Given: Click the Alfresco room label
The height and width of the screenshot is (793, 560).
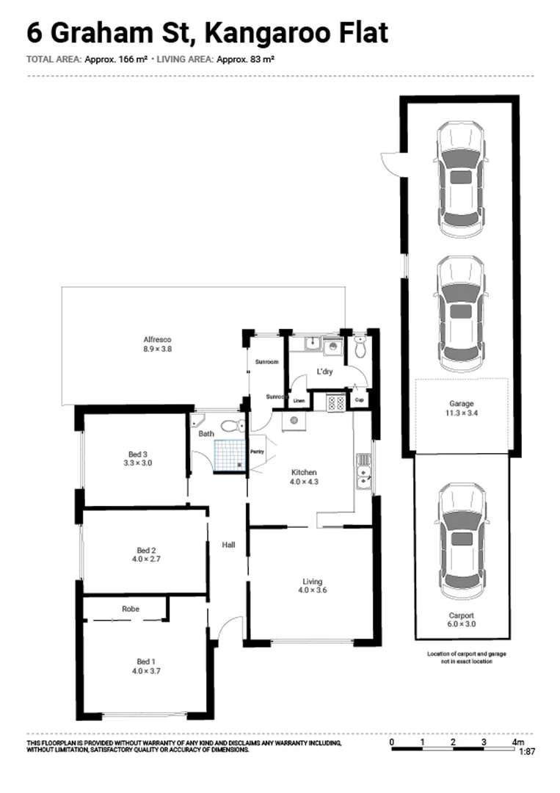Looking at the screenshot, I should click(158, 339).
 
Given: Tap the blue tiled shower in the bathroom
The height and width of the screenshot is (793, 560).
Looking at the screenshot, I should click(228, 455).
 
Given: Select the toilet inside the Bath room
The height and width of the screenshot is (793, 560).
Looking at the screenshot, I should click(231, 425).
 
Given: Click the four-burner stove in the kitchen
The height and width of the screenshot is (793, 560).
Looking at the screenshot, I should click(335, 402).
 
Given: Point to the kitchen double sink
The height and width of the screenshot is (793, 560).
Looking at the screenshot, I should click(363, 471).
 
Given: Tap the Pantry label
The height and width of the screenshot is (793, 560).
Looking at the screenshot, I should click(257, 452).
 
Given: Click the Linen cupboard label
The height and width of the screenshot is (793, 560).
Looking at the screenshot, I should click(299, 401).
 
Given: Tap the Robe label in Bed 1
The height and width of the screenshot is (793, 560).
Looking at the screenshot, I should click(131, 609).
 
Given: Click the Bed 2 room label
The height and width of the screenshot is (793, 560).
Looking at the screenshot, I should click(147, 550).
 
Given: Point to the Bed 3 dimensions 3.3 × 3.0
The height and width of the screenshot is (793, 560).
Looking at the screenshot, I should click(137, 463).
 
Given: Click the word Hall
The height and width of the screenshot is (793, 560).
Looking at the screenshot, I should click(228, 544).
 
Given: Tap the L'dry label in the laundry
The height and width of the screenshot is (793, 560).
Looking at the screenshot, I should click(324, 372).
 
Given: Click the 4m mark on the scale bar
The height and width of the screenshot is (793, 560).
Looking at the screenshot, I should click(517, 743).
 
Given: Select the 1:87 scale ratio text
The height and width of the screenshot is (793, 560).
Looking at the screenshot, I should click(526, 752).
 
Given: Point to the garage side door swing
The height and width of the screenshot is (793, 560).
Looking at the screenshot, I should click(390, 161).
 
